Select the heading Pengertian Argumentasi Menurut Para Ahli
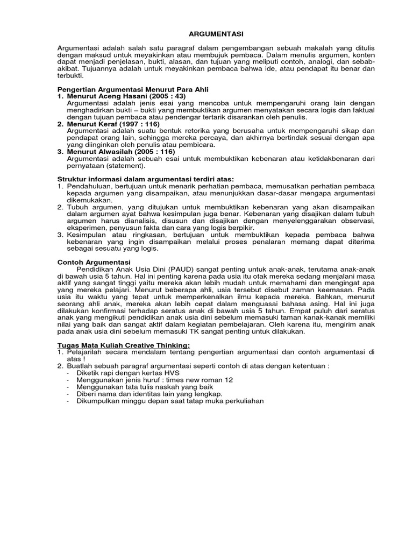point(132,89)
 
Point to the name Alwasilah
point(116,152)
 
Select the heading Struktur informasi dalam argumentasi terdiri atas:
point(146,179)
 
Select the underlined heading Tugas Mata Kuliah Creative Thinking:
point(123,345)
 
